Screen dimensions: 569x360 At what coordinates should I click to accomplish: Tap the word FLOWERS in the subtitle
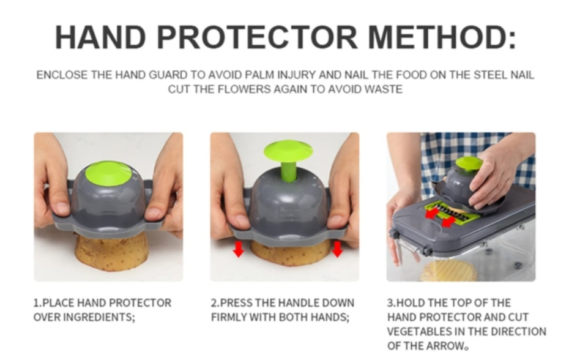pyautogui.click(x=244, y=89)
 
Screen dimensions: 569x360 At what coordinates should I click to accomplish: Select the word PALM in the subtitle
pyautogui.click(x=260, y=75)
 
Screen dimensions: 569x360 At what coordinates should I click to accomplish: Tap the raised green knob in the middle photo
pyautogui.click(x=288, y=151)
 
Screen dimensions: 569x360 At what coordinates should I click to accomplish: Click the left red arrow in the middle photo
pyautogui.click(x=239, y=249)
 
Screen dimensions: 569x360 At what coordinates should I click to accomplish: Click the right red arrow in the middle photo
pyautogui.click(x=338, y=249)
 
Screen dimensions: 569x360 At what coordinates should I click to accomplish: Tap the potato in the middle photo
pyautogui.click(x=290, y=252)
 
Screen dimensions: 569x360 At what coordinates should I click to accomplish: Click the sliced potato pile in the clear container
pyautogui.click(x=448, y=271)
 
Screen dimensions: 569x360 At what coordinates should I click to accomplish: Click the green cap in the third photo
pyautogui.click(x=469, y=163)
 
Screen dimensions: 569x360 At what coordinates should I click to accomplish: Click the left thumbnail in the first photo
pyautogui.click(x=62, y=208)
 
